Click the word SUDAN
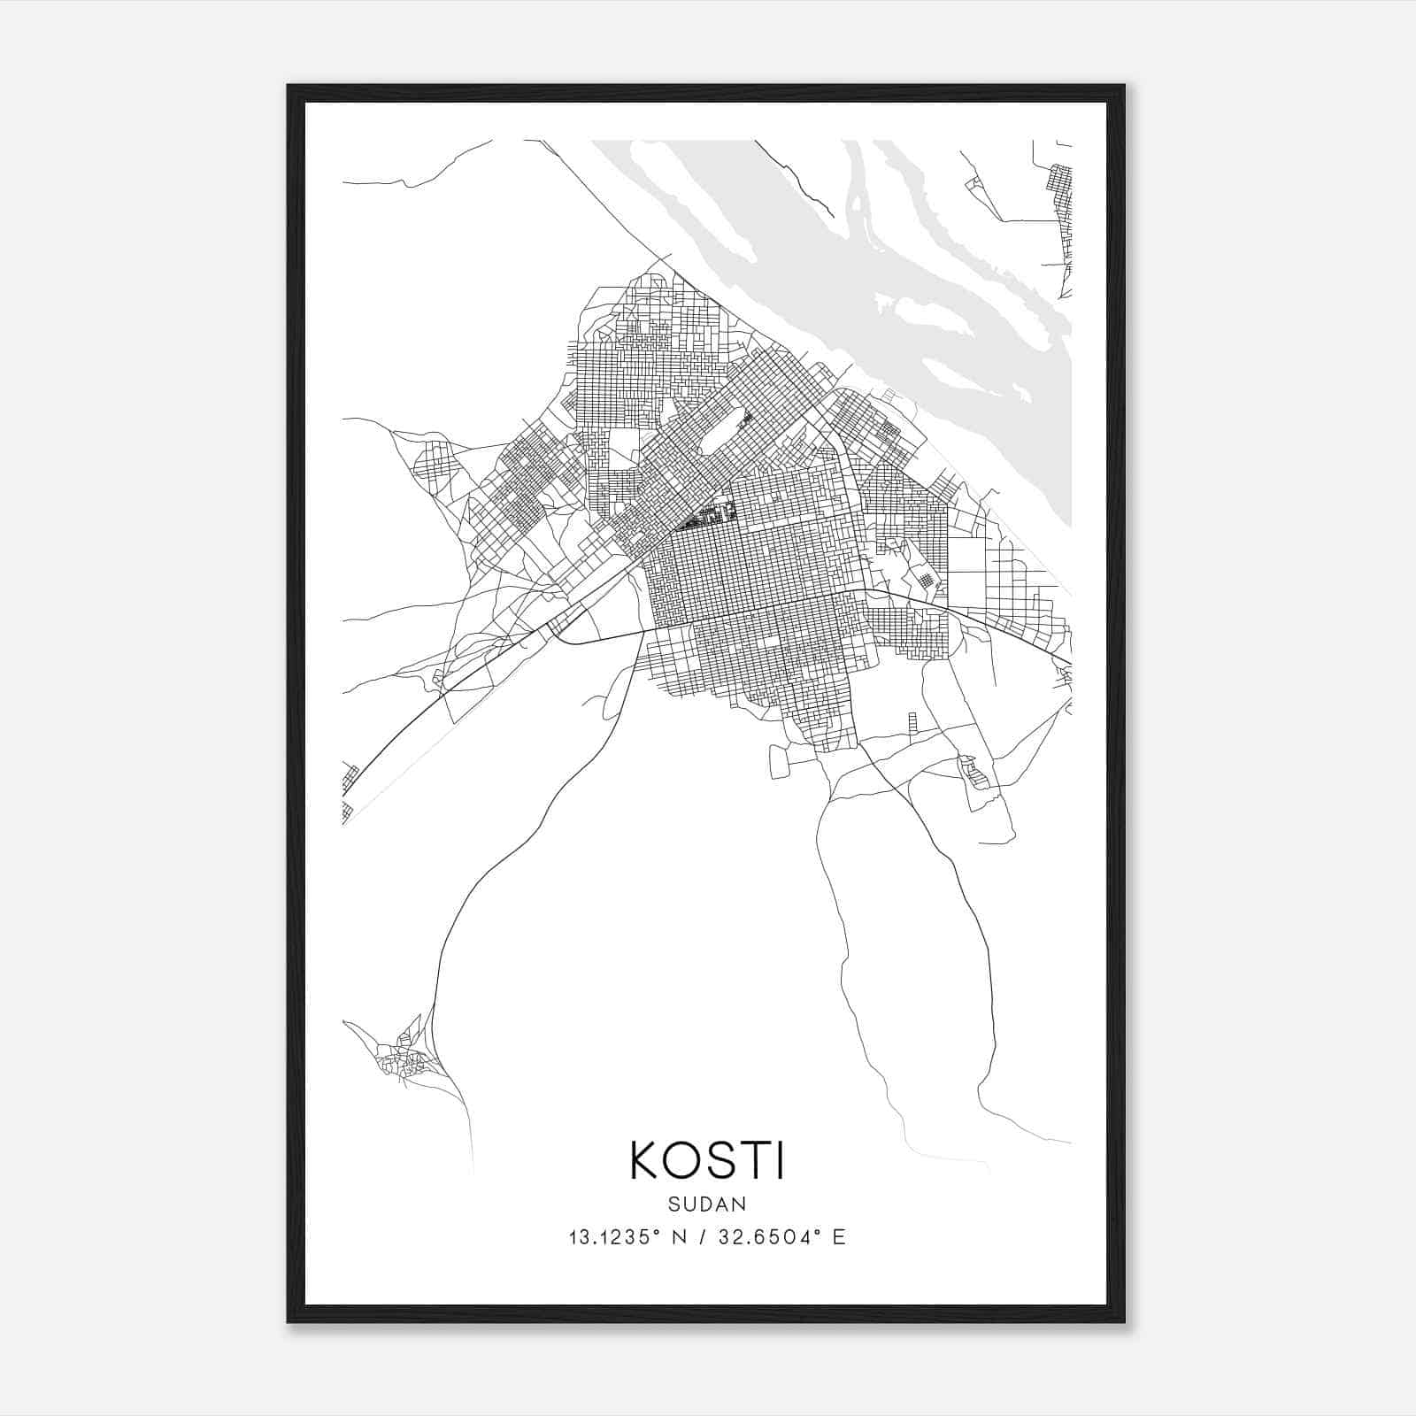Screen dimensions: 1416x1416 pyautogui.click(x=707, y=1204)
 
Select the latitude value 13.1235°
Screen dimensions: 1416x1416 pyautogui.click(x=616, y=1237)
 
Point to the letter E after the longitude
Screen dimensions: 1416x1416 pyautogui.click(x=839, y=1237)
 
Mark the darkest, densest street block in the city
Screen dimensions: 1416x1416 pyautogui.click(x=708, y=515)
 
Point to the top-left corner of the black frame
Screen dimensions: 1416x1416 pyautogui.click(x=289, y=87)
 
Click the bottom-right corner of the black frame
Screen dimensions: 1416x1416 pyautogui.click(x=1123, y=1321)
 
